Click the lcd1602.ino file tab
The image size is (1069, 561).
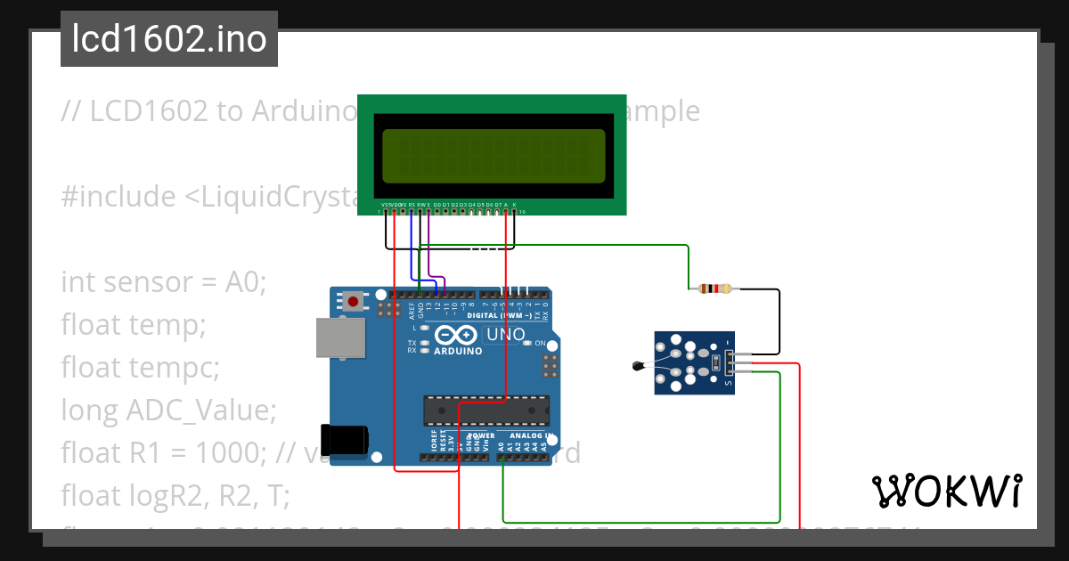[x=169, y=39]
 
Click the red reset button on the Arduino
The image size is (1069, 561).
[x=354, y=302]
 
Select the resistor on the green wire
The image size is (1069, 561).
[x=715, y=289]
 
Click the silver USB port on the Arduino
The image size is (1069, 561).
[x=340, y=339]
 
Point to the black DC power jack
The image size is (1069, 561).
[x=345, y=440]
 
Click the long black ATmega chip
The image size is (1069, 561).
[x=486, y=410]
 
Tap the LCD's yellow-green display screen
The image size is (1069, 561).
[x=494, y=156]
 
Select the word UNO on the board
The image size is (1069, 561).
[x=504, y=336]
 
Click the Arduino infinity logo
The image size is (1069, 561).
[x=457, y=335]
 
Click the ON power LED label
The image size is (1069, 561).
[x=540, y=343]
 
